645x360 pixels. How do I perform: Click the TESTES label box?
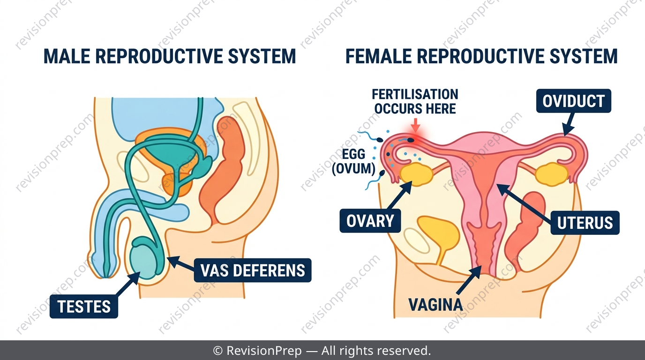click(84, 306)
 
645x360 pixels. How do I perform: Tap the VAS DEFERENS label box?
click(253, 270)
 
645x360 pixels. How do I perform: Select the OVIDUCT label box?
click(573, 101)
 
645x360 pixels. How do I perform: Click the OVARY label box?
click(370, 221)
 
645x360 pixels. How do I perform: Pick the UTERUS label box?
click(585, 223)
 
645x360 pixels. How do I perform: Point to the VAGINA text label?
click(435, 304)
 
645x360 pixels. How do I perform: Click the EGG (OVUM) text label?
click(353, 162)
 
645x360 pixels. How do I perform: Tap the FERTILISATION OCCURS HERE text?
click(415, 102)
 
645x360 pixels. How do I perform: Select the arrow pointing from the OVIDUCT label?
click(569, 124)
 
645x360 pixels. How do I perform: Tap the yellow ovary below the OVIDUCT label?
click(551, 173)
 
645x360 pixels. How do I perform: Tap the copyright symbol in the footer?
click(217, 351)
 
